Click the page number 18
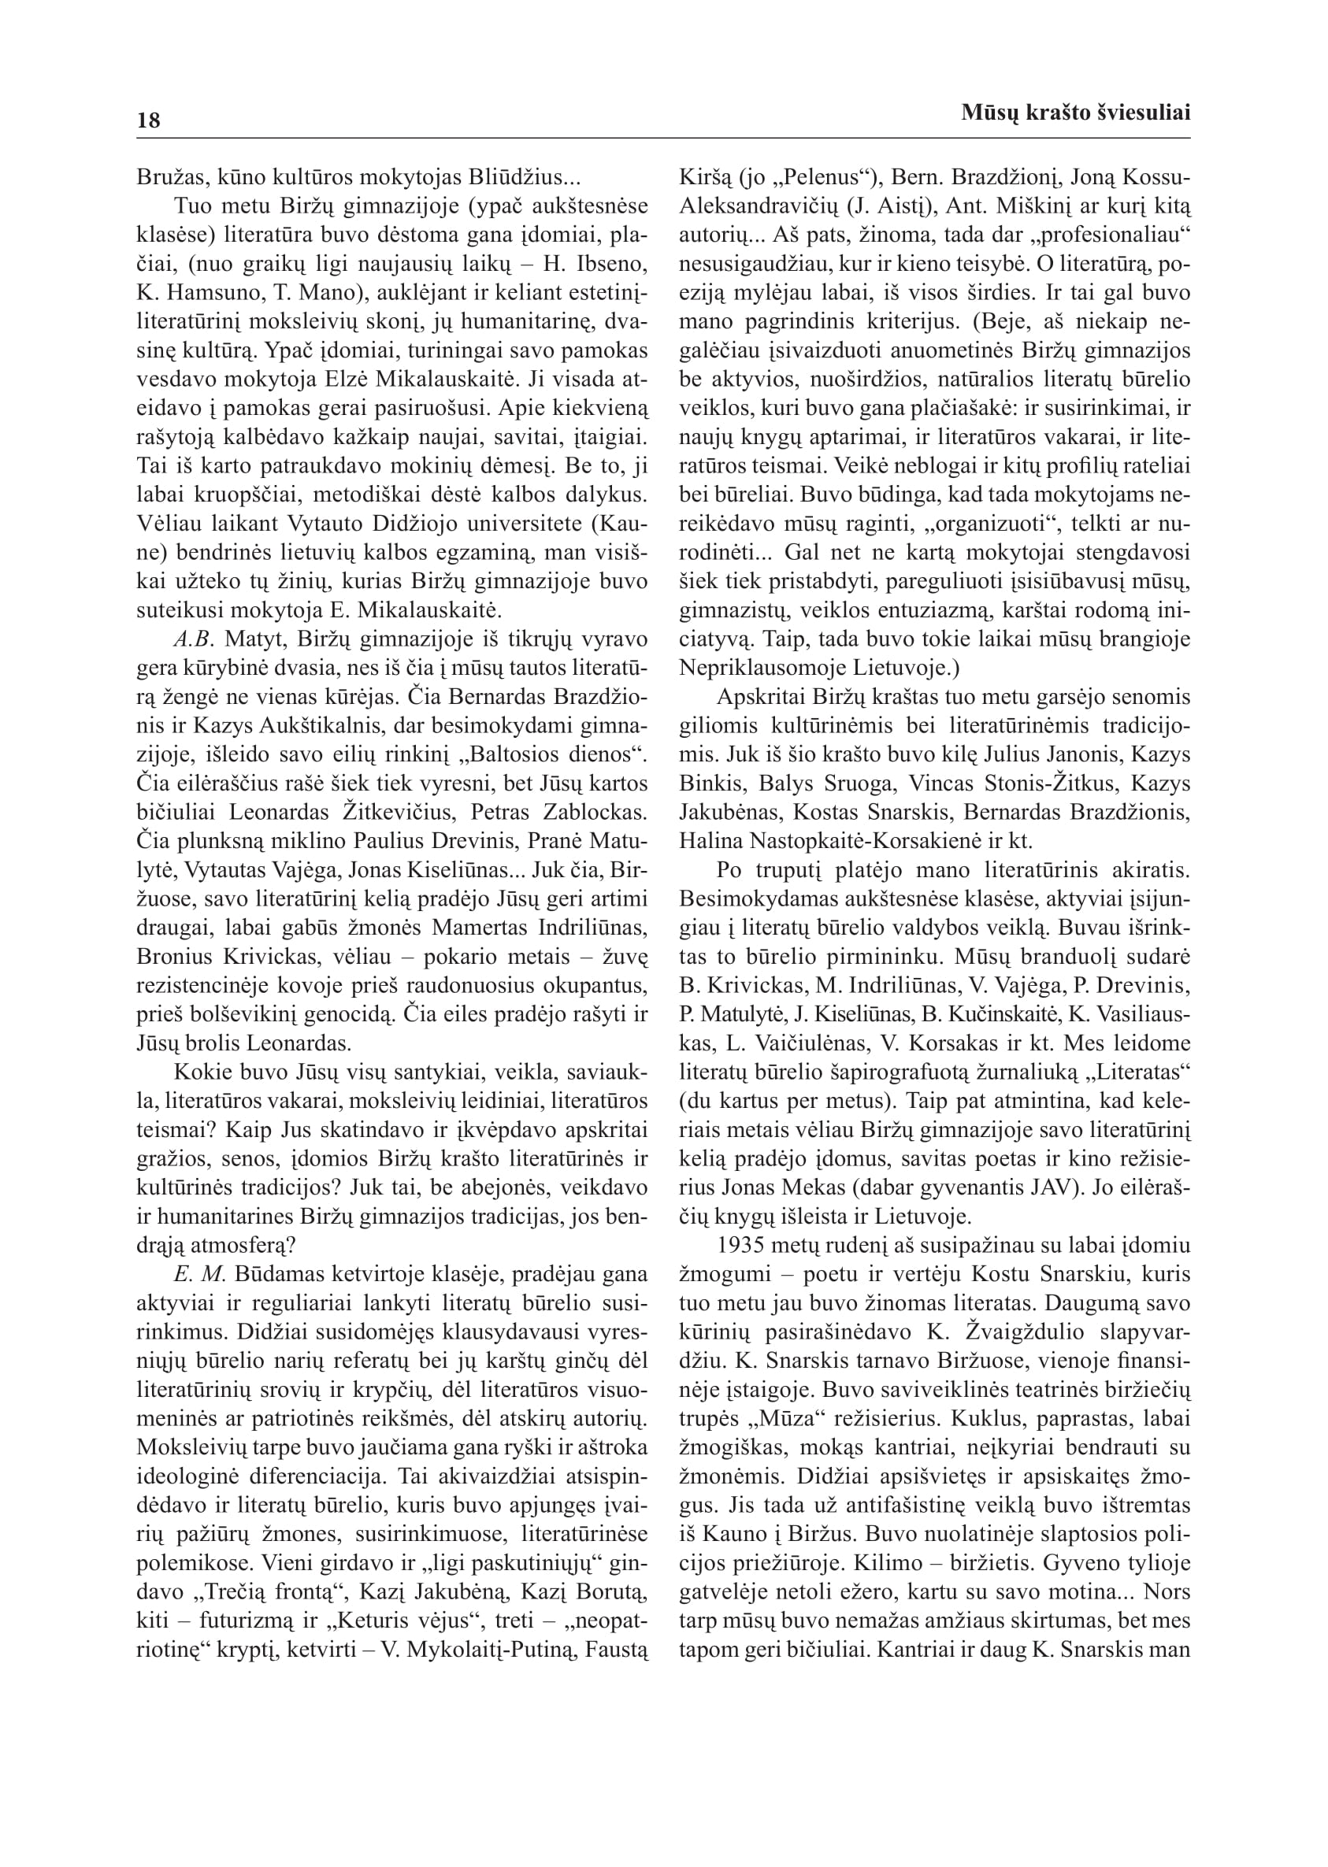(x=149, y=121)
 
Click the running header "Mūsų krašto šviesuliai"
(x=1075, y=113)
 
